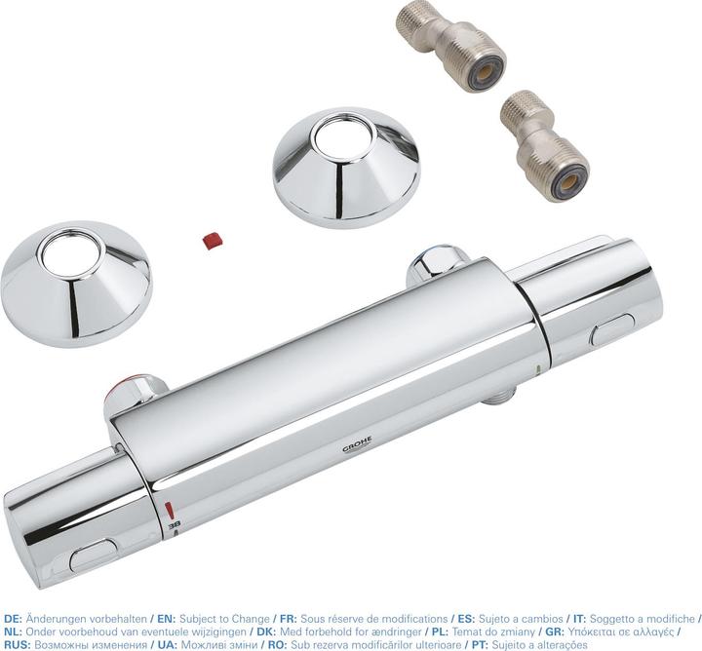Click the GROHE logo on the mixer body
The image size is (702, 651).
[x=356, y=448]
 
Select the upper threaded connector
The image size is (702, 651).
[x=450, y=45]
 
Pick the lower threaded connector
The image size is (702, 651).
[x=543, y=147]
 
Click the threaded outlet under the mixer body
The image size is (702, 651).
[x=497, y=393]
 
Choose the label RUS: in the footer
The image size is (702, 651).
[x=17, y=644]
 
